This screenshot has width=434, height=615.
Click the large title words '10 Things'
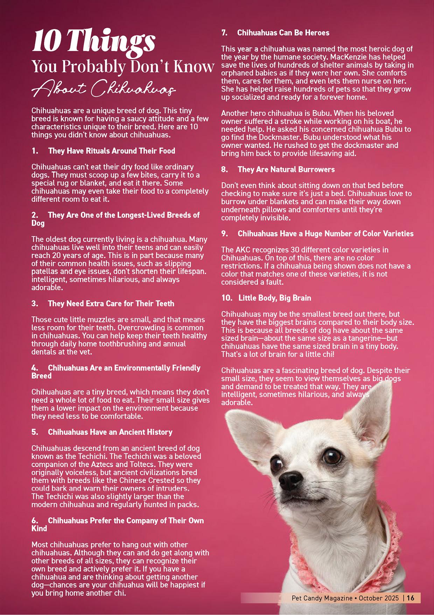pos(93,41)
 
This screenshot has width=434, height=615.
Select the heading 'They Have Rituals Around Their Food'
pos(112,151)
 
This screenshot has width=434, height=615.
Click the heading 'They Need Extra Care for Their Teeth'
pos(111,304)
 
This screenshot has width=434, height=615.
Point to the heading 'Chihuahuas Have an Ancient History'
pos(110,432)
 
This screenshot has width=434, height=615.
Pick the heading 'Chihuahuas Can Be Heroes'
pos(283,33)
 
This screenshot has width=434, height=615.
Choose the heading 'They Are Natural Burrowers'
pos(286,170)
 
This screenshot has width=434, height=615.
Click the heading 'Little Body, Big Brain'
pos(274,298)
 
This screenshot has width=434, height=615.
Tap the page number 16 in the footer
pos(411,598)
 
